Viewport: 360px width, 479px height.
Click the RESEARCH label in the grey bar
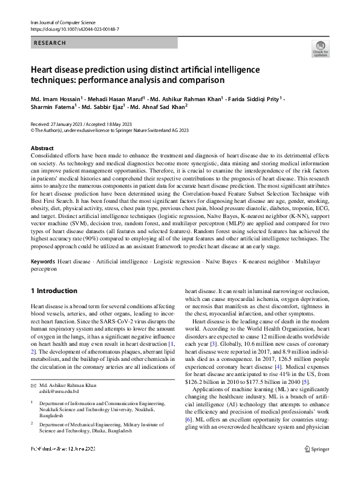coord(49,43)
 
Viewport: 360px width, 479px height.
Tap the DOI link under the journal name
coord(74,28)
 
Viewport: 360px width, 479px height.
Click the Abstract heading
coord(42,148)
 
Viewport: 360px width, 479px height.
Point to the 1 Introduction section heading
coord(54,291)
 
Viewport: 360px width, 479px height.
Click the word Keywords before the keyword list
coord(43,261)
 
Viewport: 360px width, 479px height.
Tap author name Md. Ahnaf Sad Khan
coord(158,108)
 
